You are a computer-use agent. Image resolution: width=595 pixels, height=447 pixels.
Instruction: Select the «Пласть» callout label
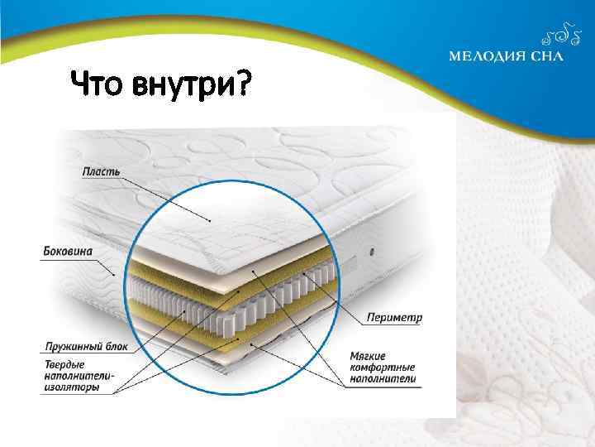pos(102,171)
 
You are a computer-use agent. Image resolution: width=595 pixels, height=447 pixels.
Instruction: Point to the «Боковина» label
pos(68,250)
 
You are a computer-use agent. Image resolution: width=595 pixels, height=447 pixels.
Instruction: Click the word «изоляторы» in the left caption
pos(74,387)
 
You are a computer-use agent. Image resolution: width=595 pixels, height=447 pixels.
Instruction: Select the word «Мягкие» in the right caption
pos(369,356)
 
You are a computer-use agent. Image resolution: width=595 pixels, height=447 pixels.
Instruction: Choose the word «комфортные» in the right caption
pos(383,368)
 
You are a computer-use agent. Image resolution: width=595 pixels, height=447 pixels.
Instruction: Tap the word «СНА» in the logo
pos(546,57)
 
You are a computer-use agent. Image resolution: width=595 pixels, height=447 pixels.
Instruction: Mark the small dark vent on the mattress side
pos(373,250)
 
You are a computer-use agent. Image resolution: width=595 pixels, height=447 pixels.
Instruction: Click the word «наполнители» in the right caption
pos(383,379)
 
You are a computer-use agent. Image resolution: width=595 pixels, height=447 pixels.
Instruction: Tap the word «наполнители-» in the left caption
pos(79,376)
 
